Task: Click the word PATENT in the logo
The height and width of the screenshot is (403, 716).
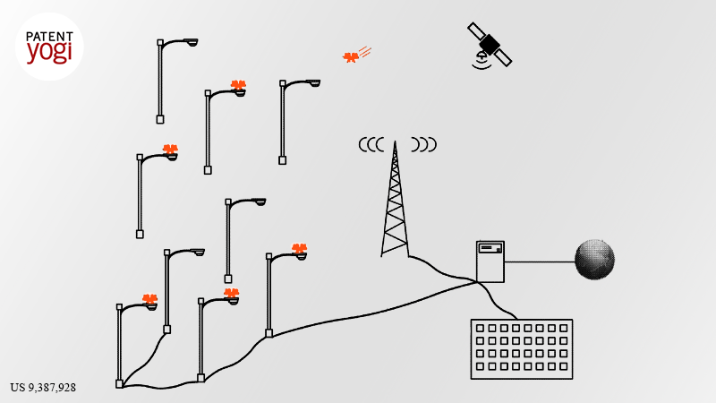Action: (49, 37)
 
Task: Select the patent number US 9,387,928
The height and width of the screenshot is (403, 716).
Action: (43, 388)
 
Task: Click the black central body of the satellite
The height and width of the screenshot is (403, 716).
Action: (490, 44)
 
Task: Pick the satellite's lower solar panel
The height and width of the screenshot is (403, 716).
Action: (504, 58)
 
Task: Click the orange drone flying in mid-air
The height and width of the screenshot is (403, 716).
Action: (350, 57)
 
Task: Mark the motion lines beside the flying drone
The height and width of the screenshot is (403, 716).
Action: (365, 52)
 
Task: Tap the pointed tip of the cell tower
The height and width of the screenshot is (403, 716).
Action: (395, 141)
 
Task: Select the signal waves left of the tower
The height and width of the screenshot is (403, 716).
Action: (371, 145)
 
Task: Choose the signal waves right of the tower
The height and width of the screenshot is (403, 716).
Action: (423, 144)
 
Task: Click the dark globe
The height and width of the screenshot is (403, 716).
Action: (594, 259)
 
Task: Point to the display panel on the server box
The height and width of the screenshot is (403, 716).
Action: (490, 248)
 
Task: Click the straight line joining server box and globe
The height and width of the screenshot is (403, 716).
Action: (540, 262)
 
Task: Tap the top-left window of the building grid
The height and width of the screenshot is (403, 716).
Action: (480, 328)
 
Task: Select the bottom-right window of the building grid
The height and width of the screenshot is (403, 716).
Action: (564, 366)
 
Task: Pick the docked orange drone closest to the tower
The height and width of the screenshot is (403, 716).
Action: (300, 249)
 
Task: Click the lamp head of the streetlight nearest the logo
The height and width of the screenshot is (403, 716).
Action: (191, 42)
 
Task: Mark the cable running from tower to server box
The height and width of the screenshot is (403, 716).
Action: (443, 270)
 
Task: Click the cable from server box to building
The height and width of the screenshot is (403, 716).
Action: (495, 303)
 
